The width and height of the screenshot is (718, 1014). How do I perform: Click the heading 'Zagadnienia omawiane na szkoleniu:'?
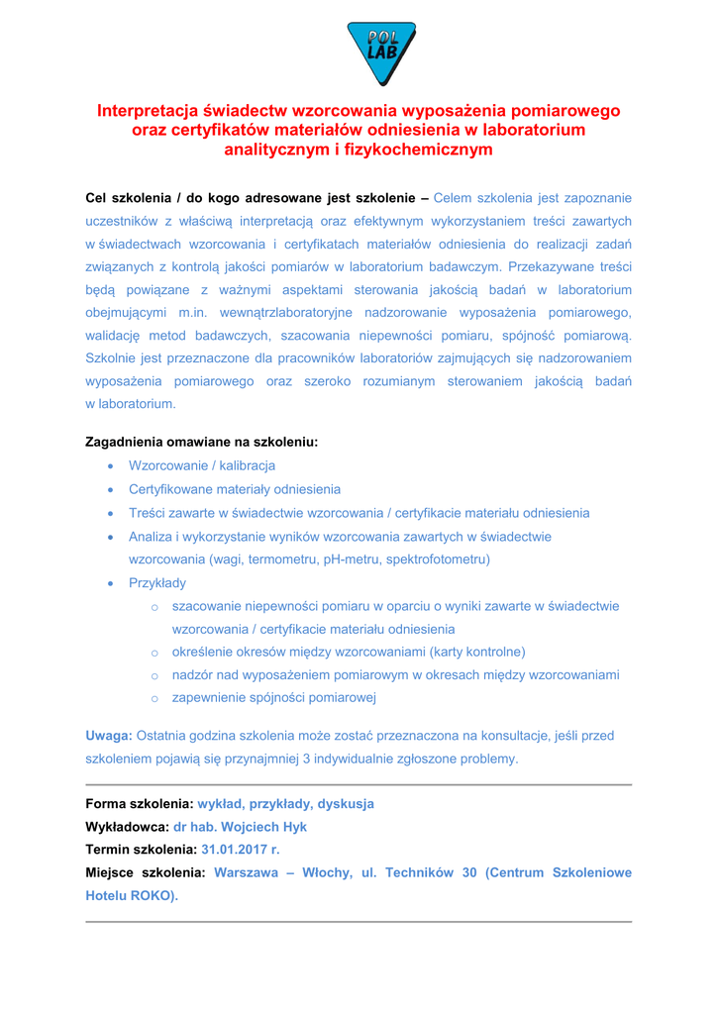pyautogui.click(x=202, y=442)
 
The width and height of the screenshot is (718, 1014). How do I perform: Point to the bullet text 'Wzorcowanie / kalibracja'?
pyautogui.click(x=202, y=465)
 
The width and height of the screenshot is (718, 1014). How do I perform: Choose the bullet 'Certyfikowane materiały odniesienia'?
pyautogui.click(x=235, y=489)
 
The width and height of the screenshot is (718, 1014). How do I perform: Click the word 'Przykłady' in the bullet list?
pyautogui.click(x=156, y=583)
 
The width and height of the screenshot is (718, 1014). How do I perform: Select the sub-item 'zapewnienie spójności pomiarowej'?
pyautogui.click(x=273, y=699)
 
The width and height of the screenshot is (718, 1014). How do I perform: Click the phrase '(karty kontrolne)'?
pyautogui.click(x=475, y=652)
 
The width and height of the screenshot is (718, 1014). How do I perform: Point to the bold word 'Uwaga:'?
pyautogui.click(x=109, y=736)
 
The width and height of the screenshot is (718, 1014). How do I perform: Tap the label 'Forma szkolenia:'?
pyautogui.click(x=140, y=803)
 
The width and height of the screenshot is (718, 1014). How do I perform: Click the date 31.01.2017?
pyautogui.click(x=234, y=851)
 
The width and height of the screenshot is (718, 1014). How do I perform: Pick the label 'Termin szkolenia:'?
pyautogui.click(x=141, y=851)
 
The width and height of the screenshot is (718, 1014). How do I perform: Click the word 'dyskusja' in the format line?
pyautogui.click(x=343, y=803)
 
